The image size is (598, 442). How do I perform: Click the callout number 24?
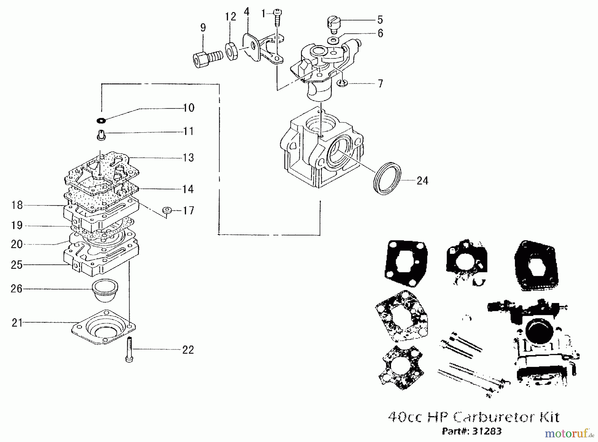[422, 181]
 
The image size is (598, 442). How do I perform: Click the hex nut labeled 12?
[231, 51]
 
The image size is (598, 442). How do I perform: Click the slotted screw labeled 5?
[333, 25]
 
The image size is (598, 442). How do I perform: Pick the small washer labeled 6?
[333, 41]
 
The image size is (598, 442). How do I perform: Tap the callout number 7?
[380, 83]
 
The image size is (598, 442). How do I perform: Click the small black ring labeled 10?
[101, 120]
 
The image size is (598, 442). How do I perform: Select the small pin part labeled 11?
[101, 135]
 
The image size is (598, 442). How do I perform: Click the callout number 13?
[188, 158]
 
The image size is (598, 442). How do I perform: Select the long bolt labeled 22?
[129, 350]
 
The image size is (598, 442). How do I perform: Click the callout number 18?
[17, 205]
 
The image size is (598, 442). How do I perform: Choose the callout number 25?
[17, 265]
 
